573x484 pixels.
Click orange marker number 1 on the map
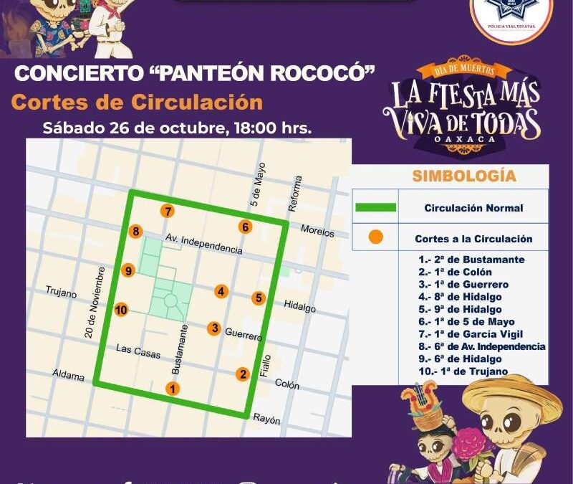[172, 389]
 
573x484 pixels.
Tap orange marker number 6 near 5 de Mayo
[246, 227]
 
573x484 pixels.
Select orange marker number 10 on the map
[121, 310]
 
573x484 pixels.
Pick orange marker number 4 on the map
[221, 291]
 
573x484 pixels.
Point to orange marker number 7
[168, 212]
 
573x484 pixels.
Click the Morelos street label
[317, 232]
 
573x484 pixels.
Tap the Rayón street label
[266, 420]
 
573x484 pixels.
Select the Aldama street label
[68, 376]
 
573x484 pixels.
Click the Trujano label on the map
[61, 292]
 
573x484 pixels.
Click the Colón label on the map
[287, 384]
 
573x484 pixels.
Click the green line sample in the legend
[375, 208]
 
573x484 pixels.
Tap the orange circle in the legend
[375, 238]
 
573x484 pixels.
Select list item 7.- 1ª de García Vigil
[471, 334]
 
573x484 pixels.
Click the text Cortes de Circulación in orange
[137, 102]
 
